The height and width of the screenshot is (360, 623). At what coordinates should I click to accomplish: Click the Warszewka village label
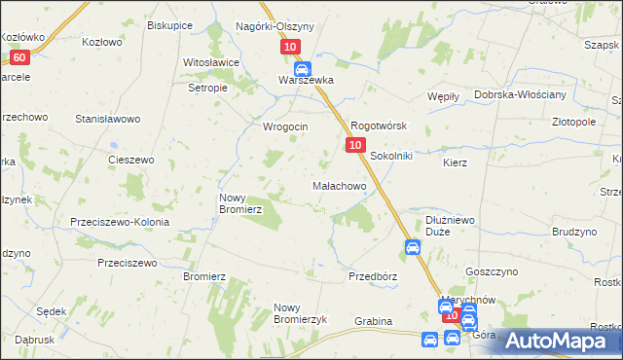pos(306,81)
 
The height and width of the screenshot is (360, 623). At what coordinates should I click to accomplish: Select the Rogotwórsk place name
pos(378,126)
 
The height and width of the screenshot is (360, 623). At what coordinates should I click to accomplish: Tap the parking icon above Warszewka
pos(302,68)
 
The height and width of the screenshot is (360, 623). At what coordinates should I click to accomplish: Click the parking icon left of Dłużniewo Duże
pos(412,248)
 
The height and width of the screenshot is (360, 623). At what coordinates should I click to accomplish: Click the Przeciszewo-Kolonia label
pos(120,222)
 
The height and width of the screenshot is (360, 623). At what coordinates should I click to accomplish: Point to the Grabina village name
pos(373,321)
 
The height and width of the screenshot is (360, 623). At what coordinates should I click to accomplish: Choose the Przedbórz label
pos(373,276)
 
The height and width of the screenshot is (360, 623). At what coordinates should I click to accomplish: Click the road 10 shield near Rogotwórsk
pos(355,145)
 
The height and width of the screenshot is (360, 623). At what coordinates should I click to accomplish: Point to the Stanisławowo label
pos(108,119)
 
